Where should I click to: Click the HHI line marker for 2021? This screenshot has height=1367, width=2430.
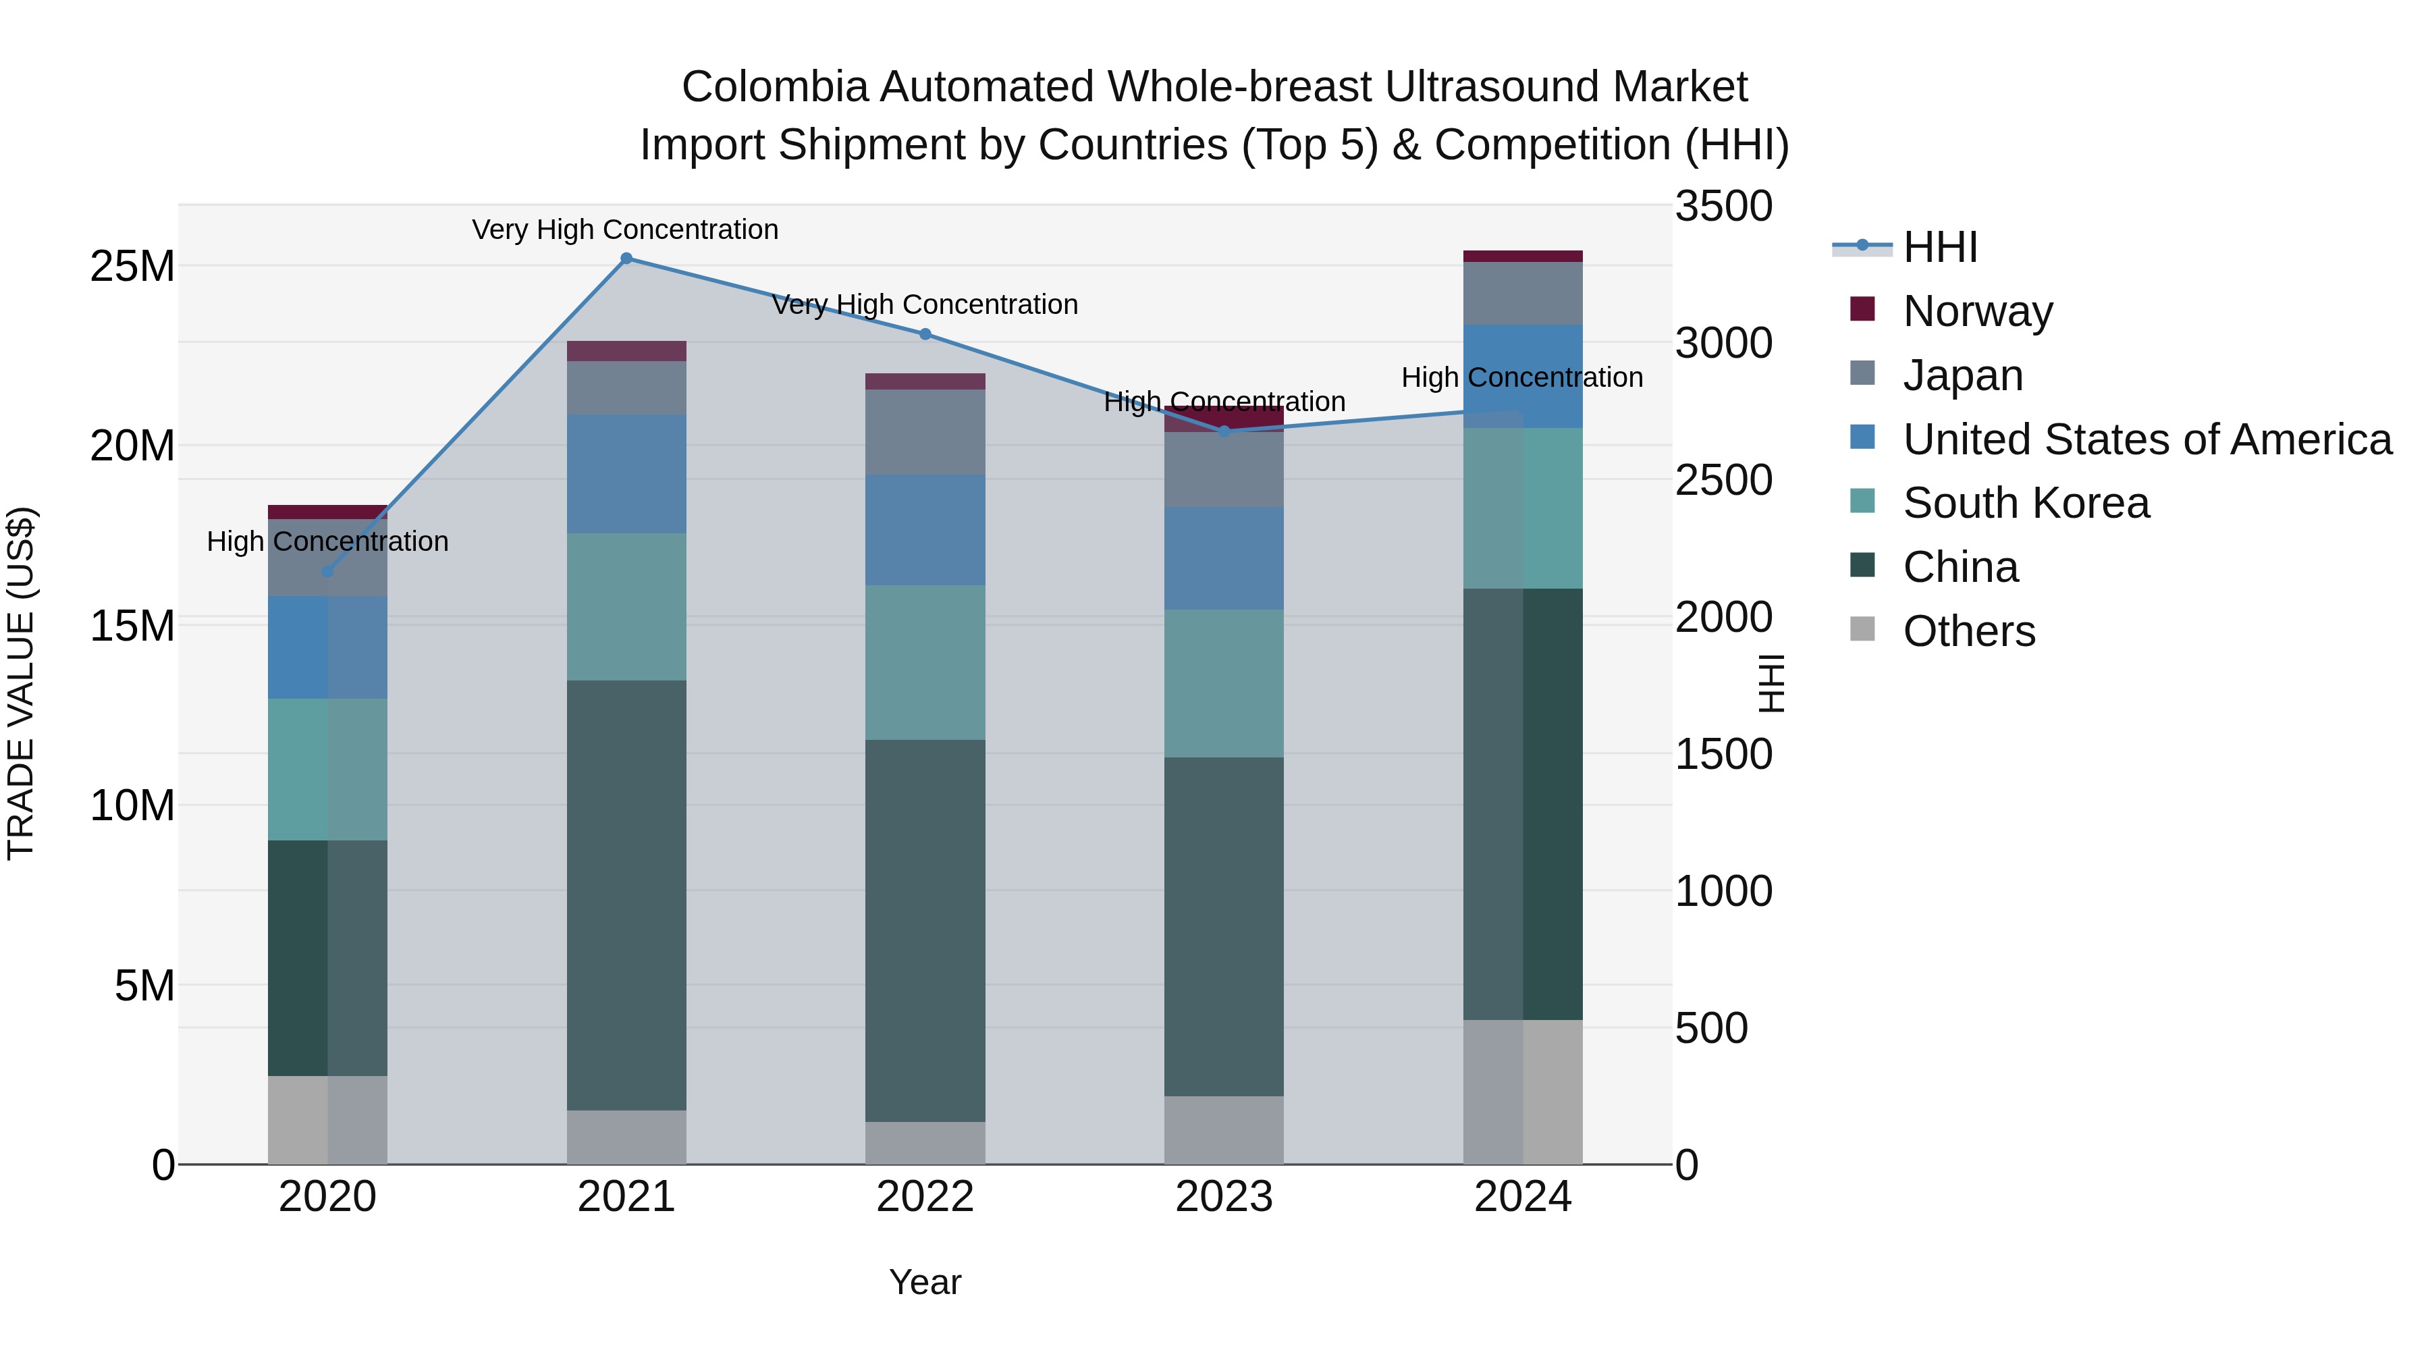626,259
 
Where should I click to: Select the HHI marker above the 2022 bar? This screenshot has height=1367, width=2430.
925,334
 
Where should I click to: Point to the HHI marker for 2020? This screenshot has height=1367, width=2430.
327,570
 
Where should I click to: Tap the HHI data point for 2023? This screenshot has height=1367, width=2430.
1224,431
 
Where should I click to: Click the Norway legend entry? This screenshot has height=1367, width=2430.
1977,311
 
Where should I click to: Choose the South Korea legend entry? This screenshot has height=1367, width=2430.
2025,503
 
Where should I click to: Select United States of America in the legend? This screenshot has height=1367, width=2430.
2146,439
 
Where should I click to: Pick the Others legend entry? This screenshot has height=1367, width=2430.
1969,631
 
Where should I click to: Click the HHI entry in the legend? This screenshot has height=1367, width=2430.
1939,247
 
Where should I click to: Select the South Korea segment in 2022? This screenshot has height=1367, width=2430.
925,662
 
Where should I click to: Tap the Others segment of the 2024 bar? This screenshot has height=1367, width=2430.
1523,1092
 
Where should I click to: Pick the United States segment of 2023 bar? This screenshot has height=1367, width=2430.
1224,558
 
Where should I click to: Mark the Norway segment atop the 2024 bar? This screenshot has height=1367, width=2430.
1523,257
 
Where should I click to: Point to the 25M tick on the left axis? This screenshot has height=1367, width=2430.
132,267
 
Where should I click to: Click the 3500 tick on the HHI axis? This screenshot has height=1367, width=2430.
1723,207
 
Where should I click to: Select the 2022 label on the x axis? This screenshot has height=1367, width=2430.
925,1197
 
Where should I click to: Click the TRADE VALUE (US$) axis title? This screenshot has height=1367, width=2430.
21,683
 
